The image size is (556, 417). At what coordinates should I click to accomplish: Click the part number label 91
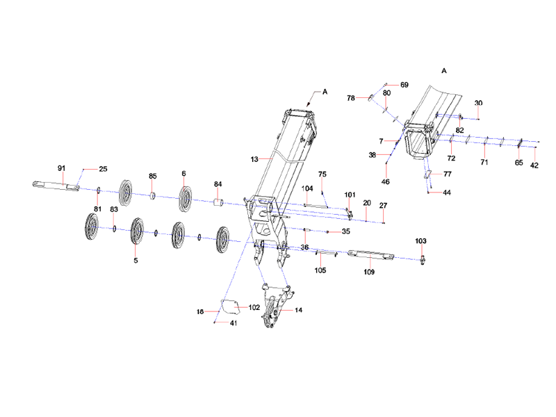(x=60, y=169)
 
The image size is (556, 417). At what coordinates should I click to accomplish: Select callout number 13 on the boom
(x=255, y=160)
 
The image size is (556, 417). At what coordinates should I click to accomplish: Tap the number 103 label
(x=421, y=240)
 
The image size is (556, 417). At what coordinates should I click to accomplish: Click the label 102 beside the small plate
(x=254, y=306)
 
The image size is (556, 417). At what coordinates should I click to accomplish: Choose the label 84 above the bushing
(x=218, y=184)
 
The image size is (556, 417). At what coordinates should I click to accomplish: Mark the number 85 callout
(x=154, y=176)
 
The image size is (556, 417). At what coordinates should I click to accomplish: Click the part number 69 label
(x=404, y=84)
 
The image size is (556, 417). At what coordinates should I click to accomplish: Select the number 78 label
(x=351, y=98)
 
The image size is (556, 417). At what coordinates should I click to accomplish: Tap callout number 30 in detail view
(x=478, y=104)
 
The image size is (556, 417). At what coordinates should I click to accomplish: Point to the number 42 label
(x=534, y=165)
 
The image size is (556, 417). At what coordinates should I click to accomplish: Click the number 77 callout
(x=448, y=174)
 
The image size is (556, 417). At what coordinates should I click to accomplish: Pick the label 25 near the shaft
(x=103, y=169)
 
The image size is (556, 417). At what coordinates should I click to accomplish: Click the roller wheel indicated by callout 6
(x=186, y=198)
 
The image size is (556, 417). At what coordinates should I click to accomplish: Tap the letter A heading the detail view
(x=444, y=71)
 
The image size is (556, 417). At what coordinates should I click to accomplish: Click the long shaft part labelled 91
(x=56, y=186)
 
